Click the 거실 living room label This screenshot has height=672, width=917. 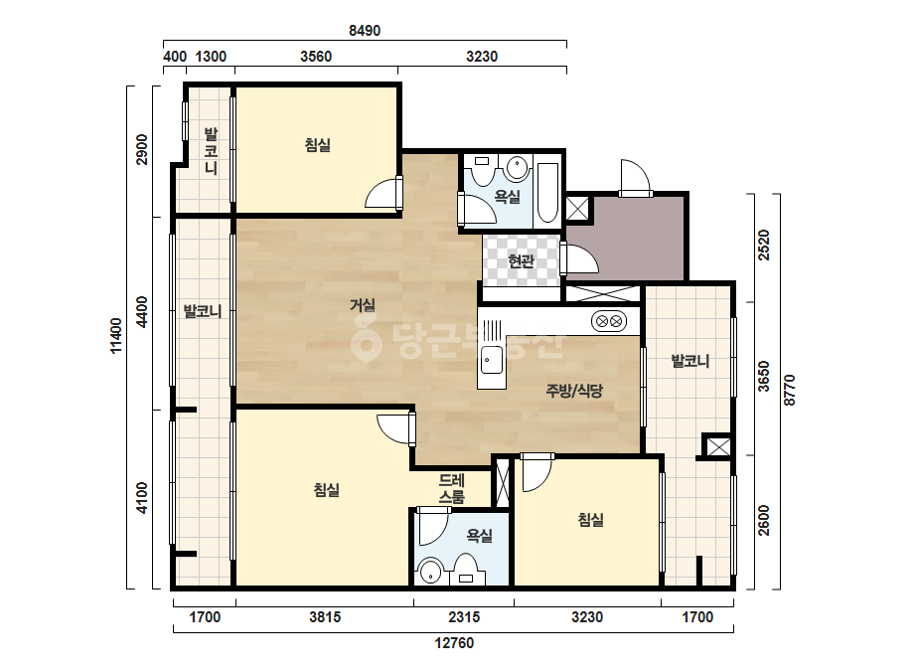[x=363, y=305]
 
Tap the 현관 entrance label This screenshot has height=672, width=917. [x=521, y=261]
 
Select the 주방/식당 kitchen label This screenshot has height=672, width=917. [x=574, y=391]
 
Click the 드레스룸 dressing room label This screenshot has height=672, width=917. [x=451, y=489]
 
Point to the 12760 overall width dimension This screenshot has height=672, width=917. [x=454, y=643]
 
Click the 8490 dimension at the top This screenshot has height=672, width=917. [x=365, y=31]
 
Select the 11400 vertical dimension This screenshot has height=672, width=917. [x=117, y=335]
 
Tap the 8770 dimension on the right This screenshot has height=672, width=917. [x=790, y=391]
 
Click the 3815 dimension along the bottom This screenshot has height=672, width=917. [x=325, y=617]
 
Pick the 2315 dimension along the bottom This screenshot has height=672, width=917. [x=464, y=617]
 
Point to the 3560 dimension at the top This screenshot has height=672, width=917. [x=316, y=57]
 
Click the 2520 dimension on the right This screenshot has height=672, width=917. [x=764, y=246]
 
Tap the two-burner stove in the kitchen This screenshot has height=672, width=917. [x=609, y=321]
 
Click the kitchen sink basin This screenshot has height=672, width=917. [x=491, y=360]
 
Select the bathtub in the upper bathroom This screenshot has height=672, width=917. [x=547, y=192]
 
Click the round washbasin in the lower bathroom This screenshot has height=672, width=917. [x=431, y=572]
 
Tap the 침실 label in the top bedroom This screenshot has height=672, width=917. [x=318, y=144]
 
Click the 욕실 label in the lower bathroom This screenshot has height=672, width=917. [x=480, y=535]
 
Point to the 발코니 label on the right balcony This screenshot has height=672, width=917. [x=690, y=361]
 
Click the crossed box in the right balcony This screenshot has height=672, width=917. [x=718, y=446]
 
